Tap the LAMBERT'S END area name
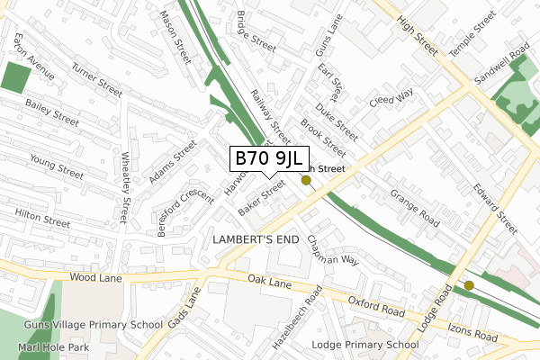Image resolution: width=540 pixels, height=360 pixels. pyautogui.click(x=254, y=239)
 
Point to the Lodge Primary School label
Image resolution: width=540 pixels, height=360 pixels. pyautogui.click(x=364, y=345)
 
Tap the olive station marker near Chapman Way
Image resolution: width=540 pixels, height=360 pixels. pyautogui.click(x=306, y=181)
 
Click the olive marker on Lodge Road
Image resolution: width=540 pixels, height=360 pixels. pyautogui.click(x=469, y=286)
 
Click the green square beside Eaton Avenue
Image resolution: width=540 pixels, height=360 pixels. pyautogui.click(x=13, y=77)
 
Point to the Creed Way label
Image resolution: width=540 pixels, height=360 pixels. pyautogui.click(x=391, y=97)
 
